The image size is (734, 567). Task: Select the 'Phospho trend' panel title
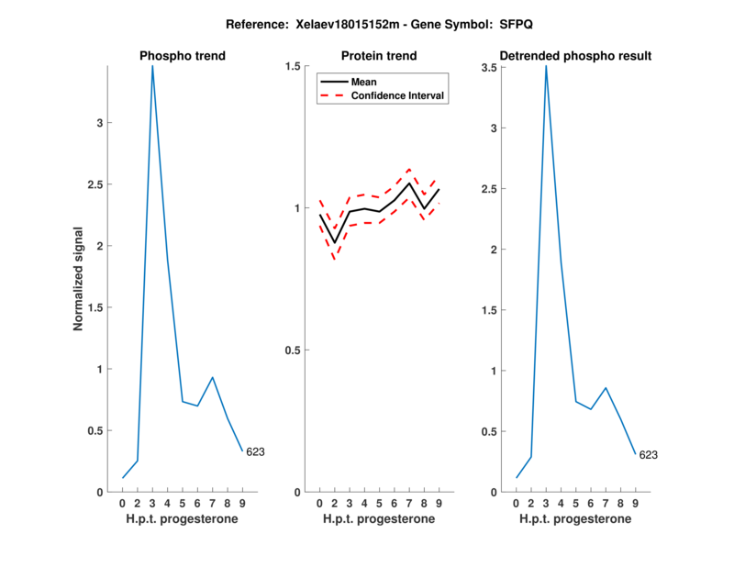coord(183,56)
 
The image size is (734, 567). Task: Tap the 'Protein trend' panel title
coord(379,56)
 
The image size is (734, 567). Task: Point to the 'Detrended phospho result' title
coord(575,56)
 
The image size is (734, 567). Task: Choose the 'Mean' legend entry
coord(363,82)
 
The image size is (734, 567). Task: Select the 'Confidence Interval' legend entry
coord(398,95)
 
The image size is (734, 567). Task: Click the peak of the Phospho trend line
coord(152,66)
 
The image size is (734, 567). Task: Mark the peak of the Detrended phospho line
coord(546,66)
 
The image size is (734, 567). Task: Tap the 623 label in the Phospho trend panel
coord(255,451)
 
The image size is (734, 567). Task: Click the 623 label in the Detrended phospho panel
coord(648,454)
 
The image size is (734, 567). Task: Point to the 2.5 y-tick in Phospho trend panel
coord(100,184)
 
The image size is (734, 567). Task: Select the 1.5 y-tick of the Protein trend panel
coord(294,66)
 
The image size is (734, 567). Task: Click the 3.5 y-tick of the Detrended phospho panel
coord(493,67)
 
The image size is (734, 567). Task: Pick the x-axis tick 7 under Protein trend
coord(409,504)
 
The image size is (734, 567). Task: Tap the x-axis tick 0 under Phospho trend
coord(122,504)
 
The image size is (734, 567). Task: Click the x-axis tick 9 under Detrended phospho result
coord(635,504)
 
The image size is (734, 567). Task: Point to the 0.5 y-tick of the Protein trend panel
coord(294,350)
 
